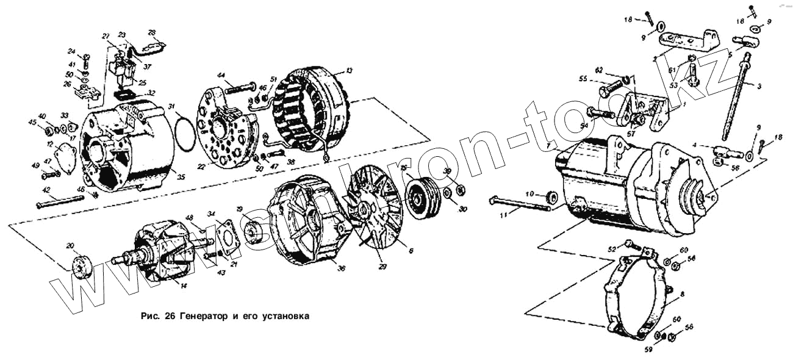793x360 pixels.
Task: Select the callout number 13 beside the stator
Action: click(x=349, y=71)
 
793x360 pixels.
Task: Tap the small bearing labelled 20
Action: click(x=79, y=267)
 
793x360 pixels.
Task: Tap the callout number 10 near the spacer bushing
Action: click(x=530, y=193)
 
